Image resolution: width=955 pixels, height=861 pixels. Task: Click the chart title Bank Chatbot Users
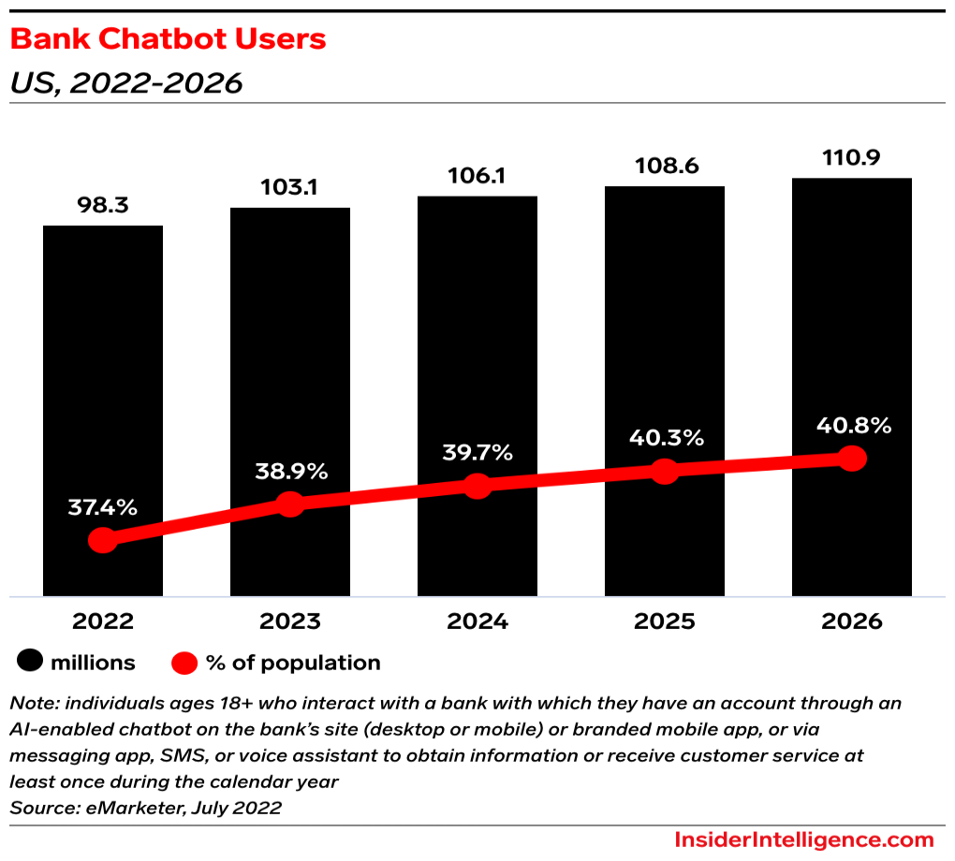[x=168, y=39]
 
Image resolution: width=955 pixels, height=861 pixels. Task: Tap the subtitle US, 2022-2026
[x=125, y=83]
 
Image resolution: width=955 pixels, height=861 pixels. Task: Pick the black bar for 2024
[x=477, y=356]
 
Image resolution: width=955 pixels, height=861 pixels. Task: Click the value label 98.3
[x=103, y=206]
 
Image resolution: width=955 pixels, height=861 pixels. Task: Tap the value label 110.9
[x=852, y=157]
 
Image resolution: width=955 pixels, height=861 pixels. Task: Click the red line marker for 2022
[x=103, y=540]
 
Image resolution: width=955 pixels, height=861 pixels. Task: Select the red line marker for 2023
[x=290, y=503]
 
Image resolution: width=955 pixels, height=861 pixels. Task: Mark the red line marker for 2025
[x=665, y=471]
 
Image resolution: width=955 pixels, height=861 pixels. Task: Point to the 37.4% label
[x=103, y=508]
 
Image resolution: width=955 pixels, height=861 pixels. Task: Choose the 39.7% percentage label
[x=477, y=453]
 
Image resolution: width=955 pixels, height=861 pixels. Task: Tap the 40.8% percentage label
[x=852, y=424]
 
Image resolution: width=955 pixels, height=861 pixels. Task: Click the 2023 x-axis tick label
[x=290, y=621]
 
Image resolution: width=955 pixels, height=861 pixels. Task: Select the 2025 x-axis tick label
[x=665, y=621]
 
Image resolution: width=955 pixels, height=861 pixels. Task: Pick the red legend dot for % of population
[x=185, y=663]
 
